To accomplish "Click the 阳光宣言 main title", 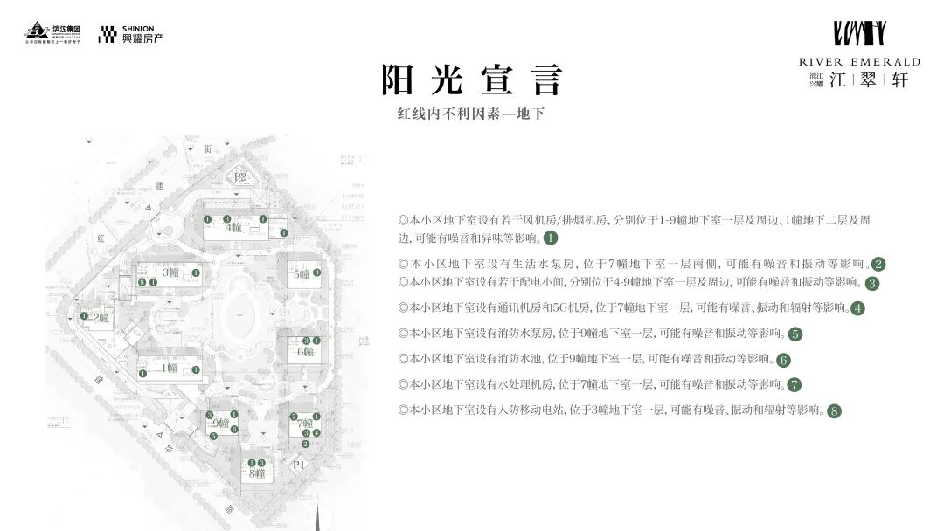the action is [471, 80].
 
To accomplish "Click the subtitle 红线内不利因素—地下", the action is [471, 114].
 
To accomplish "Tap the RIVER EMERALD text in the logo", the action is [859, 62].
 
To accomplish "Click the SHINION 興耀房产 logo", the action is [131, 35].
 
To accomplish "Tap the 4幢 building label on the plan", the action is [233, 228].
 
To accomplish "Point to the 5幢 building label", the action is [302, 273].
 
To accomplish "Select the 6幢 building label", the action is [305, 352].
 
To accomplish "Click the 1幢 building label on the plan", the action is [169, 368].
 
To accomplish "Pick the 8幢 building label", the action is [257, 473].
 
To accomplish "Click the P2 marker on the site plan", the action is [241, 177].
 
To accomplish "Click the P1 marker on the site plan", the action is [300, 465].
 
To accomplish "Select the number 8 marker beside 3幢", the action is [141, 283].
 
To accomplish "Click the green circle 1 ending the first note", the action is [551, 238].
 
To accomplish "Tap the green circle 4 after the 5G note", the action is [857, 308].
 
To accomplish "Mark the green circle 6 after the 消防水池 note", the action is [783, 359].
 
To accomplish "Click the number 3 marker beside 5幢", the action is [316, 272].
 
